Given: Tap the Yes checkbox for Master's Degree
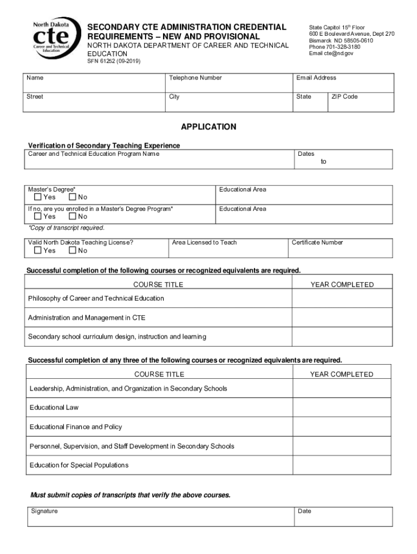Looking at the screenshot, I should pyautogui.click(x=37, y=197).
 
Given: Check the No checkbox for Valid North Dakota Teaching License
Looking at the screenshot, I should pyautogui.click(x=73, y=250).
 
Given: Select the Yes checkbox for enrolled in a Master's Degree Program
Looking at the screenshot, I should pyautogui.click(x=37, y=216).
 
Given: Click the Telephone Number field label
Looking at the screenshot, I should pyautogui.click(x=196, y=78).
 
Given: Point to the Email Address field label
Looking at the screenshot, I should pyautogui.click(x=316, y=78).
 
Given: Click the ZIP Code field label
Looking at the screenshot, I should pyautogui.click(x=344, y=97).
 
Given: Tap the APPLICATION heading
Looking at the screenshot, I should pyautogui.click(x=208, y=127).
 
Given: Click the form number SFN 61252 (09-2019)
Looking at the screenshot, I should pyautogui.click(x=114, y=62).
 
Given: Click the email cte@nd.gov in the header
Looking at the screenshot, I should pyautogui.click(x=331, y=54).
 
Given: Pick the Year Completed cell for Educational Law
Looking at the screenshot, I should pyautogui.click(x=341, y=407).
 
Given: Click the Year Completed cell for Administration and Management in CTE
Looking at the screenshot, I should pyautogui.click(x=341, y=318).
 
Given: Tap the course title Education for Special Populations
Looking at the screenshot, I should pyautogui.click(x=79, y=465).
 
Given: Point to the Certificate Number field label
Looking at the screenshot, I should pyautogui.click(x=317, y=242).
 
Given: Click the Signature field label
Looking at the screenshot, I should pyautogui.click(x=44, y=511).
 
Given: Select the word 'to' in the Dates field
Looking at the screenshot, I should pyautogui.click(x=323, y=162).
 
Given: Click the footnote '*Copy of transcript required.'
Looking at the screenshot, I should pyautogui.click(x=66, y=228).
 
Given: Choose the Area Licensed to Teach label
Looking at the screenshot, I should pyautogui.click(x=204, y=242).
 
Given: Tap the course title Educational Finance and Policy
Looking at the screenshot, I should pyautogui.click(x=76, y=427).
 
